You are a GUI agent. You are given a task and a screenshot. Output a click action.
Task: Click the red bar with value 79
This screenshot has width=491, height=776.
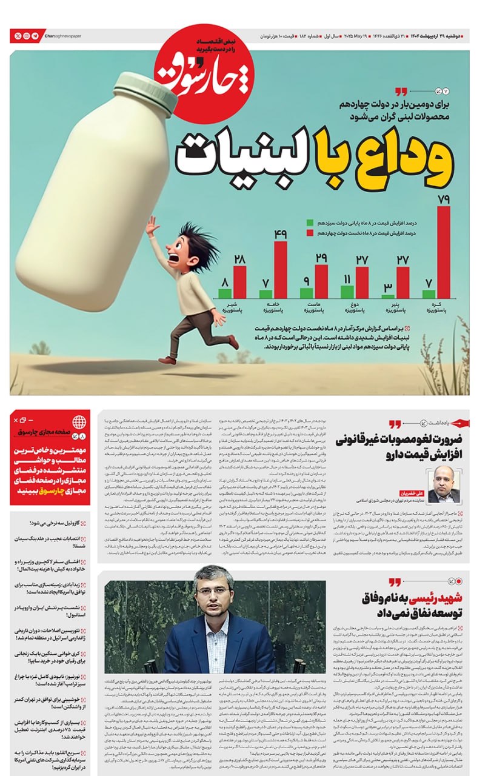(x=444, y=252)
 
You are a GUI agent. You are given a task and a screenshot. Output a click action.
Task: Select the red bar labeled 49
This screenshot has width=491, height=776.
(x=280, y=270)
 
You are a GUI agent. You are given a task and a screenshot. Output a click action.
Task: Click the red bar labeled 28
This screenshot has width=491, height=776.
(x=239, y=282)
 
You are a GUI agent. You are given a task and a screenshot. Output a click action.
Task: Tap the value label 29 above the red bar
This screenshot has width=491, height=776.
(x=321, y=258)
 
